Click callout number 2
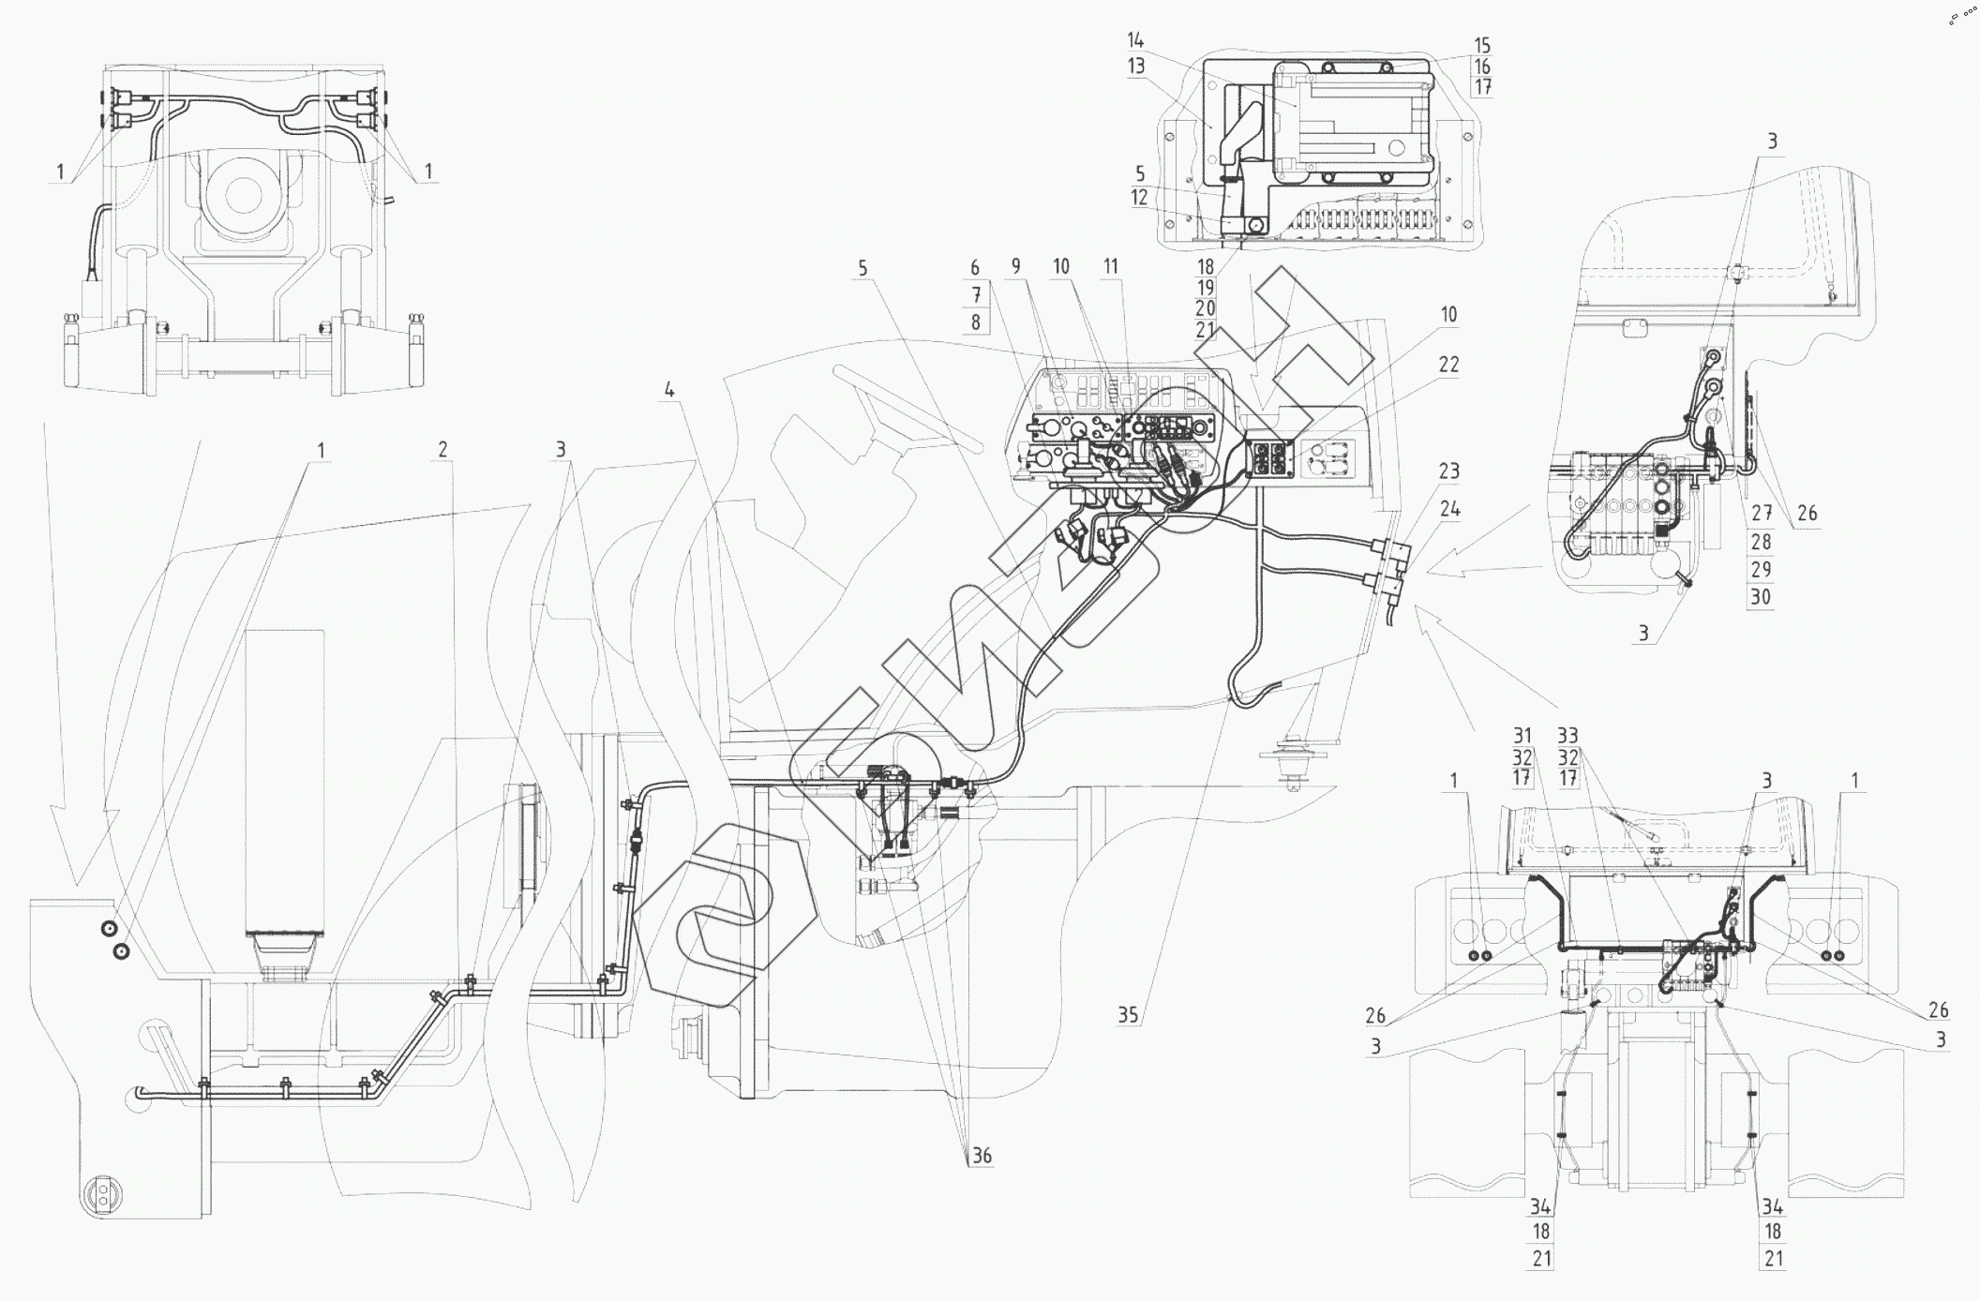click(x=442, y=450)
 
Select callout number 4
click(x=668, y=390)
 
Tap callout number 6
click(x=975, y=267)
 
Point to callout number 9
click(x=1015, y=267)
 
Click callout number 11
click(x=1111, y=267)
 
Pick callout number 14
click(x=1136, y=40)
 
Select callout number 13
click(x=1136, y=66)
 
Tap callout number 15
click(x=1482, y=46)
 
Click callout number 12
click(x=1139, y=199)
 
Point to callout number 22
click(x=1448, y=365)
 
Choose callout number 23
click(x=1449, y=471)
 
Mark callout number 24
click(x=1449, y=510)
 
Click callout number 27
click(x=1761, y=514)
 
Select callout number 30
click(x=1761, y=597)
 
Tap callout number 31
click(x=1522, y=737)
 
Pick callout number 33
click(x=1567, y=737)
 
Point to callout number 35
click(x=1128, y=1015)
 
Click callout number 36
click(x=981, y=1156)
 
